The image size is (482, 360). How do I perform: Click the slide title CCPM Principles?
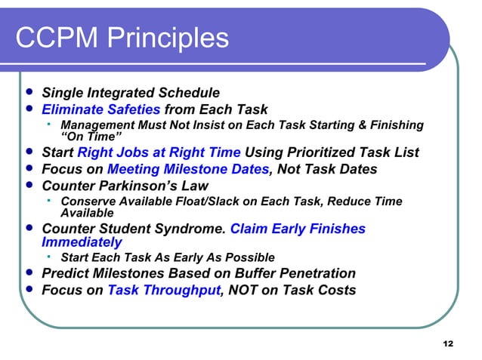(x=121, y=38)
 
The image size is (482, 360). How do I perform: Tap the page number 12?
(x=447, y=344)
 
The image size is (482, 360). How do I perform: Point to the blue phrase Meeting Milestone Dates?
(x=188, y=169)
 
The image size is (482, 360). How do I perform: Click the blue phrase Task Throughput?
(x=162, y=289)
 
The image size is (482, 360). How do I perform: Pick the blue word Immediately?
(x=82, y=242)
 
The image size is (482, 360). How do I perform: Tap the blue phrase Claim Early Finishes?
(x=297, y=229)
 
